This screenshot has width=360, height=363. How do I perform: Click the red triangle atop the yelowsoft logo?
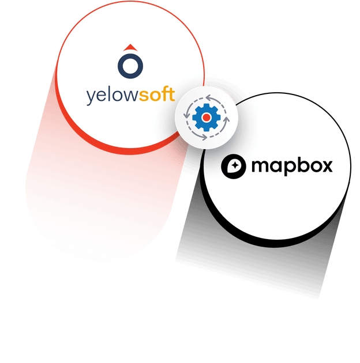[130, 47]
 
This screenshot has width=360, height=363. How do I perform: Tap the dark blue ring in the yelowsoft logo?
[130, 65]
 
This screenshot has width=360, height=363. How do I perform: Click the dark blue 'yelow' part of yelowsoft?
[112, 95]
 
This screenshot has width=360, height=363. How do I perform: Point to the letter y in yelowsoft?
[91, 97]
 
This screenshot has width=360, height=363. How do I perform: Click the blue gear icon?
[206, 118]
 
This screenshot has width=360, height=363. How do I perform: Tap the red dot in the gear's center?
[206, 118]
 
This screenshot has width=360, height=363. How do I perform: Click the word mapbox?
[292, 167]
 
